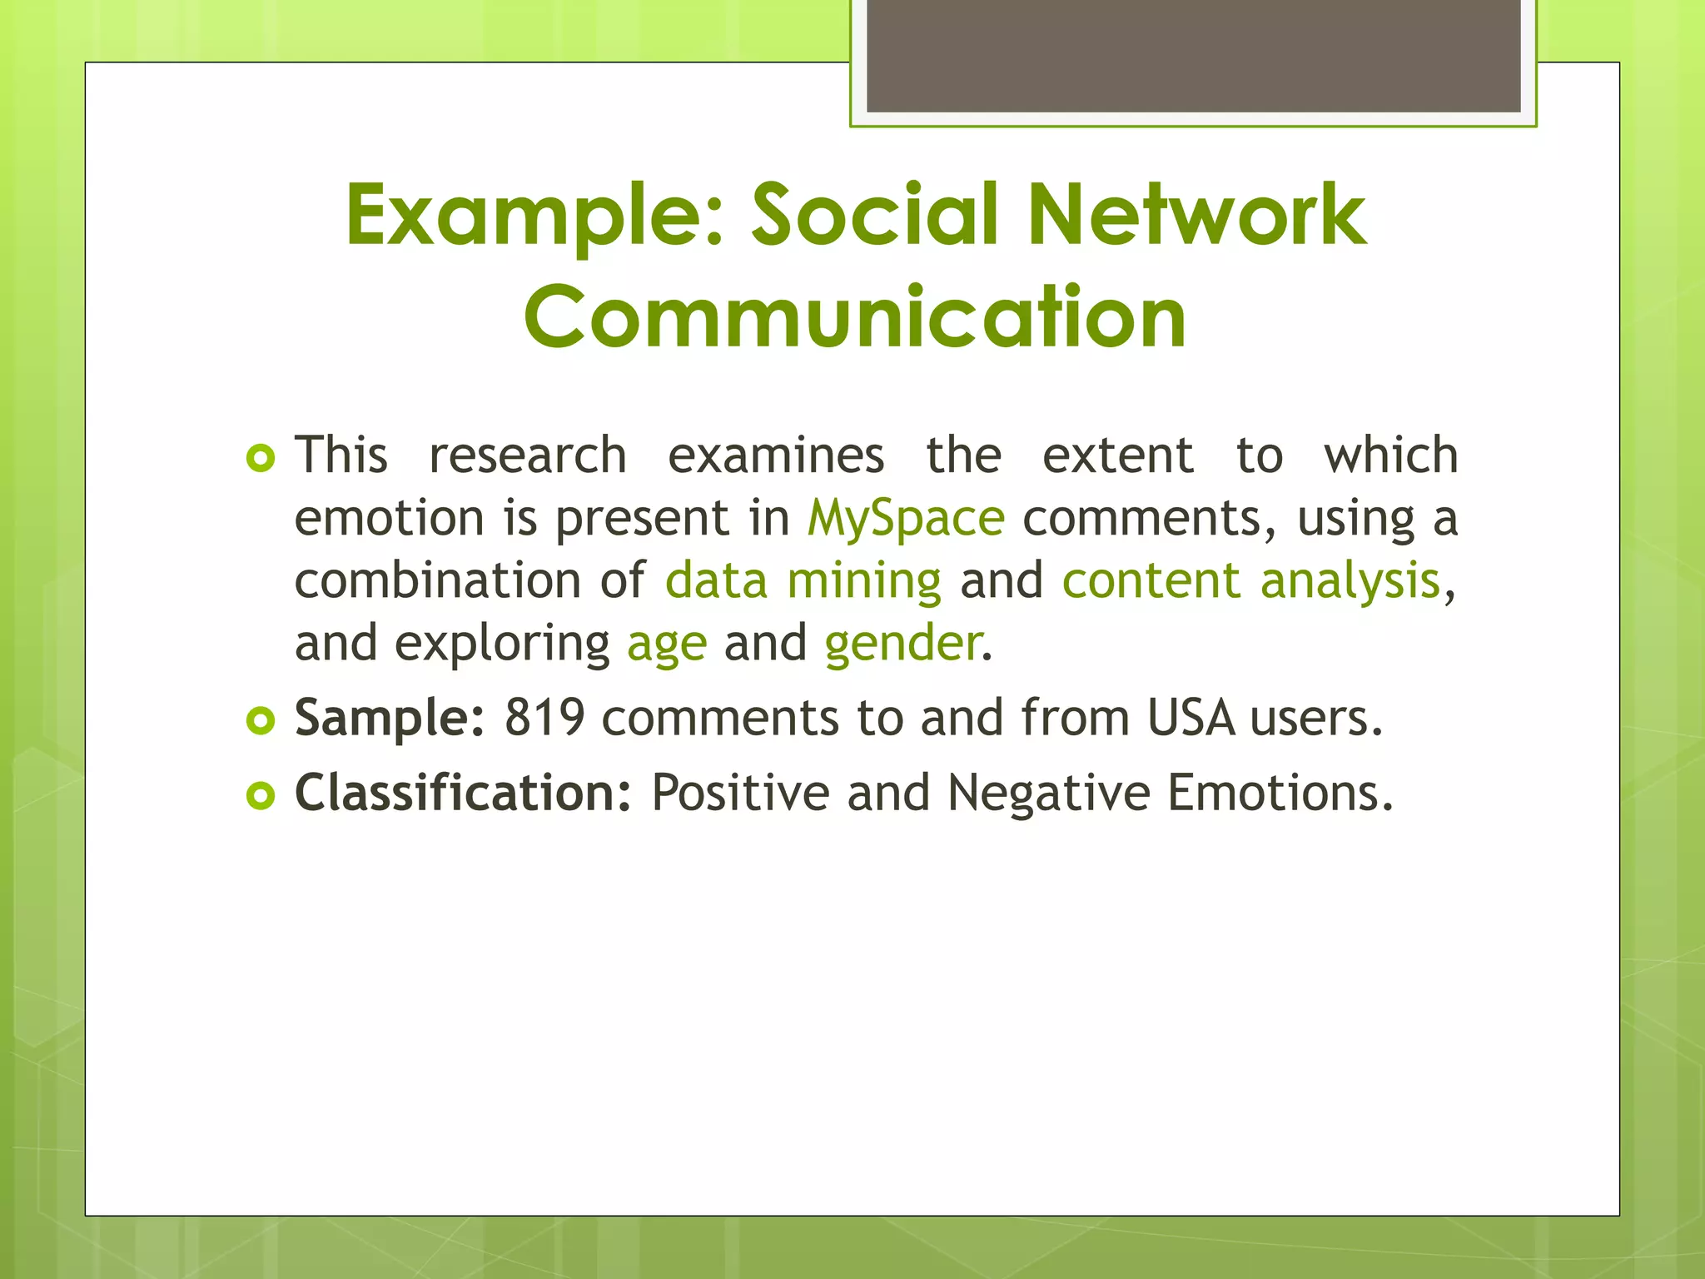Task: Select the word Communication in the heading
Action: pyautogui.click(x=855, y=317)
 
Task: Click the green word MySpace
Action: pyautogui.click(x=906, y=519)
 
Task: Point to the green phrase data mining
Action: pyautogui.click(x=803, y=580)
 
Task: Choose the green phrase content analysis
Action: pyautogui.click(x=1250, y=580)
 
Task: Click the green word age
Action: pyautogui.click(x=667, y=644)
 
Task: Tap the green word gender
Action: pyautogui.click(x=902, y=644)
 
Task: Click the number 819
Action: pyautogui.click(x=544, y=718)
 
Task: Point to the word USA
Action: pyautogui.click(x=1191, y=718)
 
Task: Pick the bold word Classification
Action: pyautogui.click(x=463, y=793)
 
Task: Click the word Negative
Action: pyautogui.click(x=1048, y=793)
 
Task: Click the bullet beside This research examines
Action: pyautogui.click(x=261, y=458)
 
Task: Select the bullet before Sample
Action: pyautogui.click(x=261, y=721)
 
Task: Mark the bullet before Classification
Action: pyautogui.click(x=261, y=796)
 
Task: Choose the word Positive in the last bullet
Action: pyautogui.click(x=740, y=793)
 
